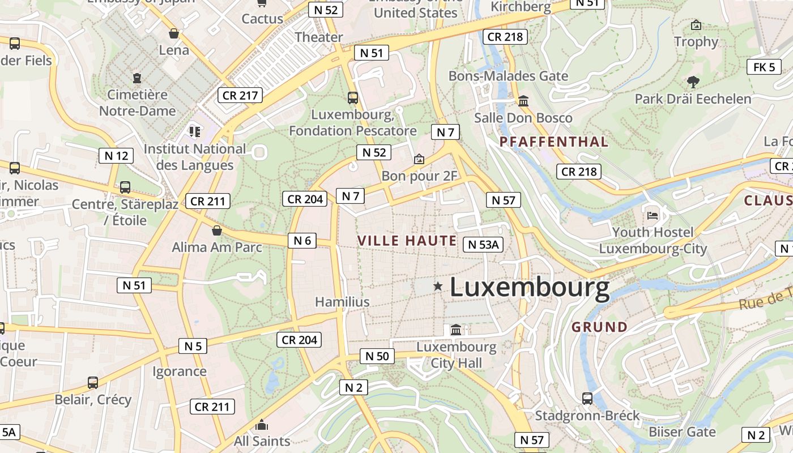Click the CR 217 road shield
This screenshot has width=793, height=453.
pyautogui.click(x=241, y=95)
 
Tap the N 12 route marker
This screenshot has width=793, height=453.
pyautogui.click(x=116, y=155)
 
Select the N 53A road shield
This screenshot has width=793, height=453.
pyautogui.click(x=483, y=244)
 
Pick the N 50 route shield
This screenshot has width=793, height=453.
pyautogui.click(x=377, y=356)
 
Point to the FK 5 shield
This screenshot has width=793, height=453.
pyautogui.click(x=764, y=67)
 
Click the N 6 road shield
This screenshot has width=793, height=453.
pyautogui.click(x=302, y=240)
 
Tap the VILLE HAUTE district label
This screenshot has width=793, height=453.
pyautogui.click(x=407, y=241)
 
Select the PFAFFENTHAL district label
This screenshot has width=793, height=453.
pyautogui.click(x=554, y=142)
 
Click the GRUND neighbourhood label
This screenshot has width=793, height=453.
pyautogui.click(x=599, y=327)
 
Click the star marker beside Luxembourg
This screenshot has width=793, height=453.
pyautogui.click(x=438, y=287)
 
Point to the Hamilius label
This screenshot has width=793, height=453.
pyautogui.click(x=342, y=302)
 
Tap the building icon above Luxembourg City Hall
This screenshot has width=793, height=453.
pyautogui.click(x=456, y=330)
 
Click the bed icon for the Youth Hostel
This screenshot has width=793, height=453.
pyautogui.click(x=653, y=215)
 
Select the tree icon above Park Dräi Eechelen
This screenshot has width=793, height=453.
pyautogui.click(x=692, y=82)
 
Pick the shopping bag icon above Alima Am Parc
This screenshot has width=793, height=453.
pyautogui.click(x=216, y=230)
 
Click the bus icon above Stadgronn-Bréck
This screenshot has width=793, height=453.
pyautogui.click(x=587, y=399)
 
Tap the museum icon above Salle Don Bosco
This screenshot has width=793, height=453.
pyautogui.click(x=523, y=101)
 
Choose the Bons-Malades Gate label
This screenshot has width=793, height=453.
pyautogui.click(x=508, y=76)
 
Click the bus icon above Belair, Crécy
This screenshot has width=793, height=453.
pyautogui.click(x=93, y=383)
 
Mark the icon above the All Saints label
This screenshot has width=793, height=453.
pyautogui.click(x=262, y=425)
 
